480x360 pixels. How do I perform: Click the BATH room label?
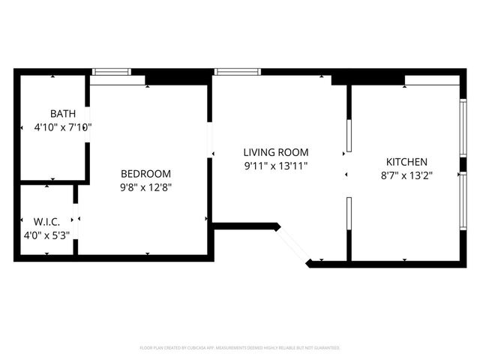[x=63, y=114]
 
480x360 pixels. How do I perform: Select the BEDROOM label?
[x=145, y=173]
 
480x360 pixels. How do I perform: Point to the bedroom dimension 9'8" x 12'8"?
[x=147, y=187]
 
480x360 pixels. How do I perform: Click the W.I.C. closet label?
[x=46, y=222]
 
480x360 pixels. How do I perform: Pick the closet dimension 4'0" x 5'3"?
[x=46, y=235]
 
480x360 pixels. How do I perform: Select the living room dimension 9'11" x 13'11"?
[x=275, y=166]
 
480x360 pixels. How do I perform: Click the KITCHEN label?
[x=406, y=162]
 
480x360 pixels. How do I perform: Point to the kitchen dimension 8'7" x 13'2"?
[x=406, y=175]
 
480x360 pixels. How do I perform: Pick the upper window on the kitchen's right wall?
[x=462, y=127]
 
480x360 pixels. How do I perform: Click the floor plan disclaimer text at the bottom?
[x=240, y=348]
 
